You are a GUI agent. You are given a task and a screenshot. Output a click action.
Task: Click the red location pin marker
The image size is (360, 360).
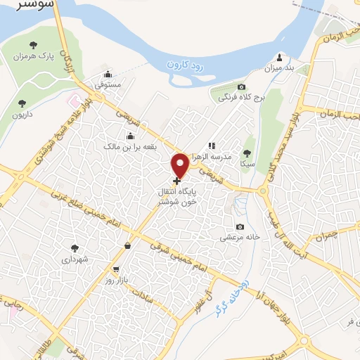(180, 165)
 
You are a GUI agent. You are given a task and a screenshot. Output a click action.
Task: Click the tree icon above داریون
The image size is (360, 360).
(22, 103)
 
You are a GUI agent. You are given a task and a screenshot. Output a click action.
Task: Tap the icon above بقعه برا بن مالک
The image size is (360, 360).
(129, 136)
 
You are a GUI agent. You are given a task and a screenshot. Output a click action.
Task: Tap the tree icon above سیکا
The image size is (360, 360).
(247, 153)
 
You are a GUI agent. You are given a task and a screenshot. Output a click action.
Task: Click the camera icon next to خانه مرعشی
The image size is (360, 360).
(240, 226)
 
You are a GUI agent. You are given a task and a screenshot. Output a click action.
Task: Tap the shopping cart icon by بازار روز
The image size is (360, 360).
(116, 269)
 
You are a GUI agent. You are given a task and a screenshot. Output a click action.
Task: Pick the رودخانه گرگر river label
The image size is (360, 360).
(232, 295)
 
